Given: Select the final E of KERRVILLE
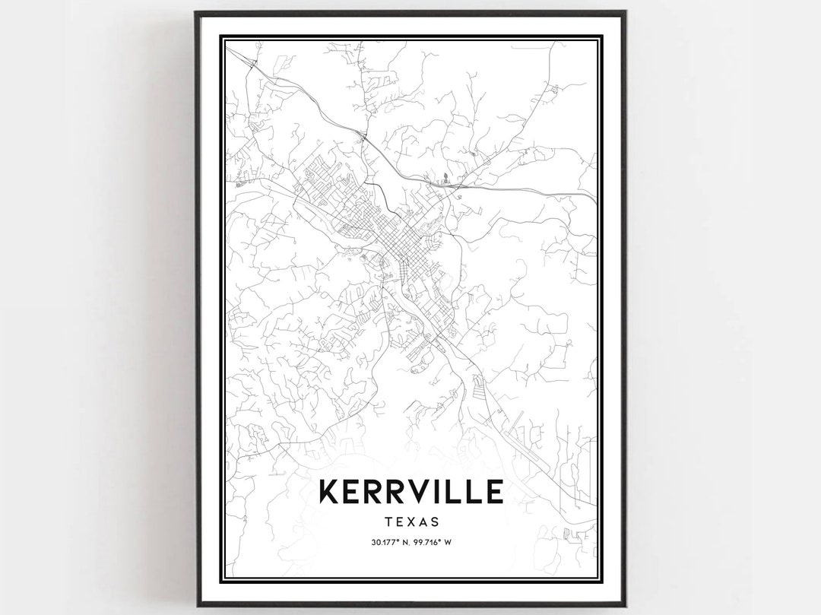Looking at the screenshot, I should [x=491, y=491].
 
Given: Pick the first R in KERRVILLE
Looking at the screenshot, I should [x=372, y=491].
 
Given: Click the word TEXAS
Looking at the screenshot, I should [x=411, y=521].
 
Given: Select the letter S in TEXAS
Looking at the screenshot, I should [x=435, y=521].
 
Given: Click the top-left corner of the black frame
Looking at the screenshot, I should [x=197, y=13].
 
